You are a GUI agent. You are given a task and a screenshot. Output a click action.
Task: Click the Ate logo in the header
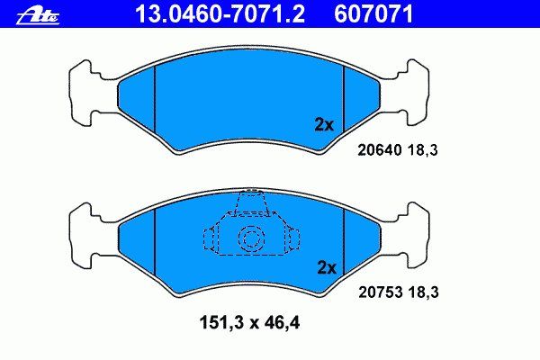[x=38, y=16]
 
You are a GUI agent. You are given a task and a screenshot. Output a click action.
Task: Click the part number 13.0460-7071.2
[x=220, y=14]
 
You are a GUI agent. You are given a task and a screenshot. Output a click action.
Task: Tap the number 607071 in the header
[x=373, y=14]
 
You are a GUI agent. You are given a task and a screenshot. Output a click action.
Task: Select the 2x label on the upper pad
[x=324, y=125]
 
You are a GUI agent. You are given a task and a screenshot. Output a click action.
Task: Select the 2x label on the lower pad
[x=327, y=267]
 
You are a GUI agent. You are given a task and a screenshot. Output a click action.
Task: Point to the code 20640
[x=380, y=150]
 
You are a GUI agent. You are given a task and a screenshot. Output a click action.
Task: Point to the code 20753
[x=381, y=292]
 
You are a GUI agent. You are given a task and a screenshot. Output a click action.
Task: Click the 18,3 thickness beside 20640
[x=423, y=150]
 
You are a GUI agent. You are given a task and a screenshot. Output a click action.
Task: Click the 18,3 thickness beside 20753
[x=424, y=292]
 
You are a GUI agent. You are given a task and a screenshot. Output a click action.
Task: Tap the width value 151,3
[x=221, y=323]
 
